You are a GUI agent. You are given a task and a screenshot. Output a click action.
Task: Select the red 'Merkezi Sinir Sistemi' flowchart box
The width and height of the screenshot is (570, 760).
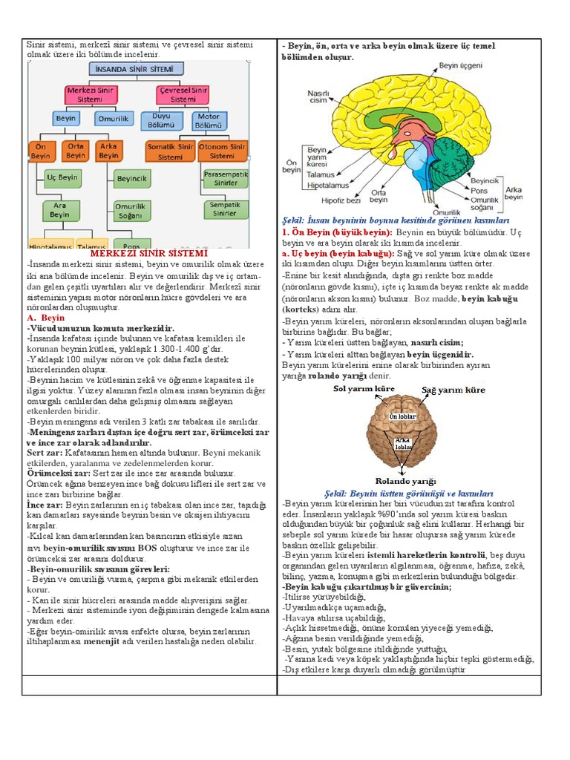pyautogui.click(x=89, y=94)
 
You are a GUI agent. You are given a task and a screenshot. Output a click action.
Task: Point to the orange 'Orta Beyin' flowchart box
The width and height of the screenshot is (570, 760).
pyautogui.click(x=76, y=151)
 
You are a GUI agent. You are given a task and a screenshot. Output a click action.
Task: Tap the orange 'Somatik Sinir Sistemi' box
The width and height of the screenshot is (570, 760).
pyautogui.click(x=170, y=151)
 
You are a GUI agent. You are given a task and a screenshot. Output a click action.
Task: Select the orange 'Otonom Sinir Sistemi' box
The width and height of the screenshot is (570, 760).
pyautogui.click(x=222, y=151)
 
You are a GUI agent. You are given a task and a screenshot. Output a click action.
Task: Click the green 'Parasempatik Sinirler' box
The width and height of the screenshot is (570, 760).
pyautogui.click(x=226, y=178)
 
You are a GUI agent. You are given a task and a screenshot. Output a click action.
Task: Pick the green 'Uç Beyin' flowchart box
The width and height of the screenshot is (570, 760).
pyautogui.click(x=62, y=178)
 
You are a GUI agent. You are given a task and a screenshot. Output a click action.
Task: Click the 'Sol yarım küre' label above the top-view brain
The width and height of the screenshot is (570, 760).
pyautogui.click(x=364, y=388)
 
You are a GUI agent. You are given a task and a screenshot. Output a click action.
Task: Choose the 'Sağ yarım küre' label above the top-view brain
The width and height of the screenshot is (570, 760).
pyautogui.click(x=453, y=390)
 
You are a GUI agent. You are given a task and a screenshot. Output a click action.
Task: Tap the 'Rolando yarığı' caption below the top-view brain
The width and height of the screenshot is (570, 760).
pyautogui.click(x=405, y=481)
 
